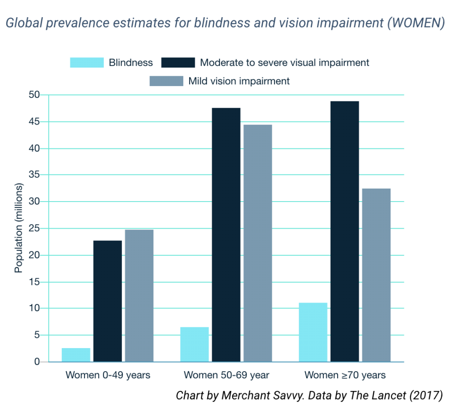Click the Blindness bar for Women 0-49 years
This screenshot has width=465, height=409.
tap(76, 355)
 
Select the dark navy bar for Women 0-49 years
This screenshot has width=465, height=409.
tap(107, 301)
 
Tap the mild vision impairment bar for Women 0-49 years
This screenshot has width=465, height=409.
tap(139, 296)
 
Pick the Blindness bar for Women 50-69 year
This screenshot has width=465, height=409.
tap(195, 345)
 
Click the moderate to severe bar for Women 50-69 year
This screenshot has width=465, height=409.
tap(226, 235)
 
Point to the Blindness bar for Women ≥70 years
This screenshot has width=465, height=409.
tap(313, 332)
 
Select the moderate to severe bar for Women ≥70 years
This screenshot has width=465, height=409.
tap(344, 232)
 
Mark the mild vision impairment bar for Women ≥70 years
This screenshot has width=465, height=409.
tap(376, 275)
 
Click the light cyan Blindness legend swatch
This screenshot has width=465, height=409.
tap(87, 63)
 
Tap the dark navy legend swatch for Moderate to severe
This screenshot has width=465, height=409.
tap(178, 63)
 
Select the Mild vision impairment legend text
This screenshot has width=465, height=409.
tap(239, 81)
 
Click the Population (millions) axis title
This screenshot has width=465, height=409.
tap(19, 228)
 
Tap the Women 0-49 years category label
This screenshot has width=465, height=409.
tap(108, 375)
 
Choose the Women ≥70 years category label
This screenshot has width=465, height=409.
tap(345, 375)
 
